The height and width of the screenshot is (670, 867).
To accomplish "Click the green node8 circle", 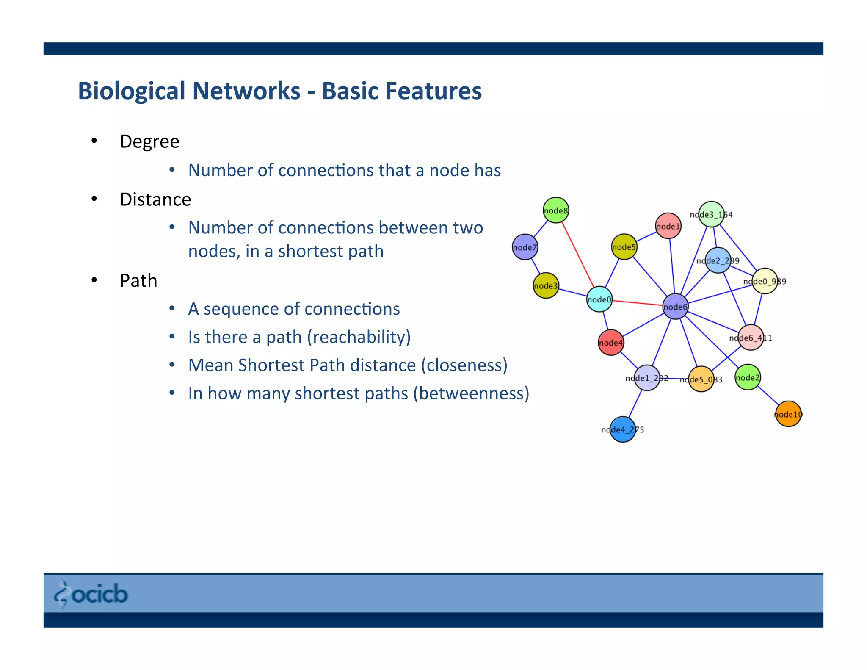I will [x=555, y=210].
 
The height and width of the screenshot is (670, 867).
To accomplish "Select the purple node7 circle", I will [x=525, y=247].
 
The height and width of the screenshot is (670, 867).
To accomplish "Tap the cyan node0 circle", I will [x=599, y=299].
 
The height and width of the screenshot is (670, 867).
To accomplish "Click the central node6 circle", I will [x=675, y=306].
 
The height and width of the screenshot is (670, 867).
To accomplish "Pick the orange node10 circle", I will [x=788, y=414].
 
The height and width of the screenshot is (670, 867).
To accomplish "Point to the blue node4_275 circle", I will [x=622, y=429].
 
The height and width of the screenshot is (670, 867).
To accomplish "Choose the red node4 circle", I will [x=610, y=342].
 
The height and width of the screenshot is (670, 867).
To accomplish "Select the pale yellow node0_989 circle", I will [x=765, y=281].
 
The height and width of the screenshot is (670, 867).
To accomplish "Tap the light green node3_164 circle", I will [x=711, y=214].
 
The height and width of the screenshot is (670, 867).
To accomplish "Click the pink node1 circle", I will [x=668, y=226].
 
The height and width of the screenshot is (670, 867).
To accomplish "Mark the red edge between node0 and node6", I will [x=637, y=302].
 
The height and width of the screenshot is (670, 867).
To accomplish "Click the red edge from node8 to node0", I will [x=578, y=255].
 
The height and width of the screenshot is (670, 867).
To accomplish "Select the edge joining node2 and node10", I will [x=768, y=396].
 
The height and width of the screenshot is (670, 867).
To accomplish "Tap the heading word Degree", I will [x=149, y=141].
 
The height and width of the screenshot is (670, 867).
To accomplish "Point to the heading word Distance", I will [x=155, y=199].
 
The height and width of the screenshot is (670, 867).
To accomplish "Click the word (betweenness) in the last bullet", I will [x=471, y=393].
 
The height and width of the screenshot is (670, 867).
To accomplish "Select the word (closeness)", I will [x=464, y=365].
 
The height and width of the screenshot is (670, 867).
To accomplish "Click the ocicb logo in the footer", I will [x=91, y=594].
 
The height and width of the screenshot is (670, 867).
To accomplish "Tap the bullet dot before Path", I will [x=94, y=280].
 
